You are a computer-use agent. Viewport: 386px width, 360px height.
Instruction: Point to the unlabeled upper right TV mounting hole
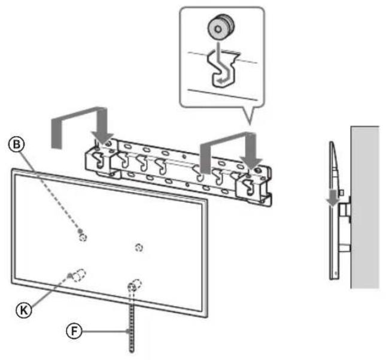coord(139,247)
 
